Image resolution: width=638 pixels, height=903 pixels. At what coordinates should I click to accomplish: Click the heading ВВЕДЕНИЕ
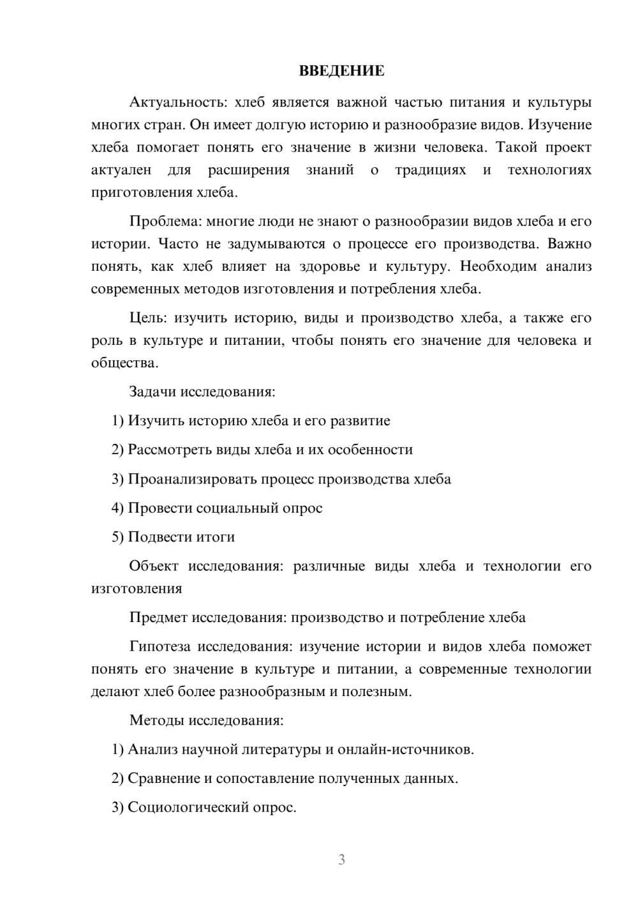(x=341, y=71)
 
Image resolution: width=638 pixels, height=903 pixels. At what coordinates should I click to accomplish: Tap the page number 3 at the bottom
(x=341, y=860)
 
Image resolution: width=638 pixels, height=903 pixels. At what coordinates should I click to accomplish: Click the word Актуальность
(x=177, y=102)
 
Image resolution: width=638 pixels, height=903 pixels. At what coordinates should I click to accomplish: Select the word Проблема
(x=165, y=222)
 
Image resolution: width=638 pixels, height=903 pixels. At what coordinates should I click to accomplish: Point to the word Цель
(x=148, y=318)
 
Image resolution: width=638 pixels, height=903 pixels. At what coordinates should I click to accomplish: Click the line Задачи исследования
(x=202, y=391)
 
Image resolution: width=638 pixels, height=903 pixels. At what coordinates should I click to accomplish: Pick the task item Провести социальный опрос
(x=225, y=508)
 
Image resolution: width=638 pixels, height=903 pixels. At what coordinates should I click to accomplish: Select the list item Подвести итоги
(x=181, y=537)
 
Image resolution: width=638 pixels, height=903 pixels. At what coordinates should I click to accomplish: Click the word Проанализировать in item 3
(x=189, y=479)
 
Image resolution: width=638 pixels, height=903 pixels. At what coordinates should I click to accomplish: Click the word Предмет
(x=159, y=618)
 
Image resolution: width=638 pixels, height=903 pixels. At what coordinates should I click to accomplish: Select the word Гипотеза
(x=159, y=647)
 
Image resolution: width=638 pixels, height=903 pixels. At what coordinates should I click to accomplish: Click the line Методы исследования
(x=206, y=720)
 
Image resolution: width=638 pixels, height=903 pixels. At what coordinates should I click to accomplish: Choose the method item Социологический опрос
(x=212, y=808)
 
